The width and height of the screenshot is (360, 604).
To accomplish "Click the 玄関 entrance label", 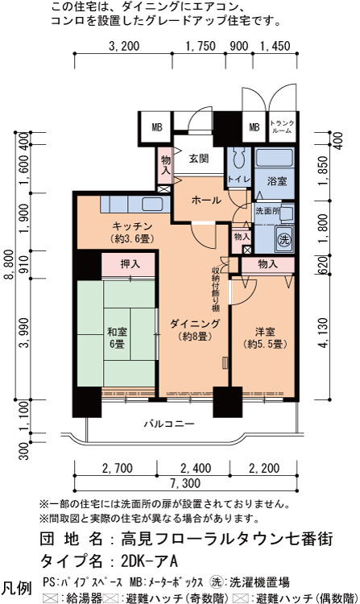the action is (199, 159).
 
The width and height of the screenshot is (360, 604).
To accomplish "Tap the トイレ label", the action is (238, 179).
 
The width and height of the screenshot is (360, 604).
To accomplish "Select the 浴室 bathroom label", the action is (277, 180).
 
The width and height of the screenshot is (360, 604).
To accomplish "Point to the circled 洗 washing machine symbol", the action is (284, 240).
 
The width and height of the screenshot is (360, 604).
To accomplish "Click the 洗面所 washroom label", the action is (267, 211).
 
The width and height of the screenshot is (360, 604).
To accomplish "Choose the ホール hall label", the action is (206, 201).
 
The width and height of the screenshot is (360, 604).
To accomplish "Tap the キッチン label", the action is (132, 226).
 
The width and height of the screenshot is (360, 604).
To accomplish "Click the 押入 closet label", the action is (130, 264).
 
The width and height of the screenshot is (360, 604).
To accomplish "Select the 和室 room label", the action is (117, 332).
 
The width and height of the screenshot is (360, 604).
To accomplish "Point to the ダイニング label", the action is (195, 324).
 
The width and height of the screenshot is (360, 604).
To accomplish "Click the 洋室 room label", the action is (265, 331).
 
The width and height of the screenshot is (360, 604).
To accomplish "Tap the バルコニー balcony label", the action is (169, 424).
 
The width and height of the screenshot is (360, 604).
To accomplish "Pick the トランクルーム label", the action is (282, 126).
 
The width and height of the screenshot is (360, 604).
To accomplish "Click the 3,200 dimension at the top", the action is (124, 46).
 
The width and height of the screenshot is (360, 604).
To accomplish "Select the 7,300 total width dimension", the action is (185, 483).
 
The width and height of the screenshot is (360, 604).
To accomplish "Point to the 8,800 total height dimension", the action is (19, 265).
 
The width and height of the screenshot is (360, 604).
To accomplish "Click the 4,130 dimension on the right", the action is (325, 333).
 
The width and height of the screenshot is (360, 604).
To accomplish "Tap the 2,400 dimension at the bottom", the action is (196, 468).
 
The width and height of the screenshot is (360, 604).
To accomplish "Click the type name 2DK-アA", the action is (149, 561).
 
